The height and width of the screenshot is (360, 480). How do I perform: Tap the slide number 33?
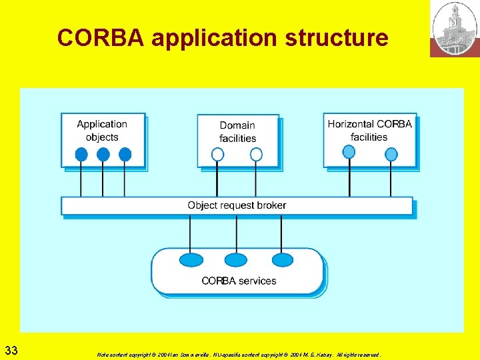pyautogui.click(x=11, y=350)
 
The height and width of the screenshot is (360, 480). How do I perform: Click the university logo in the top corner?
pyautogui.click(x=455, y=29)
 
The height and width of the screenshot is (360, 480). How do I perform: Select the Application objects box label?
pyautogui.click(x=102, y=131)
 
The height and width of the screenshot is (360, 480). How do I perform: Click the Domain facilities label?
pyautogui.click(x=237, y=132)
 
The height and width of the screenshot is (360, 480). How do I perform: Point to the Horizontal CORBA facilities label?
pyautogui.click(x=369, y=130)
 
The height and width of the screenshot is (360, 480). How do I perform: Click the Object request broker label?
pyautogui.click(x=237, y=205)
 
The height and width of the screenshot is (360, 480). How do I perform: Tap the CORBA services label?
pyautogui.click(x=239, y=281)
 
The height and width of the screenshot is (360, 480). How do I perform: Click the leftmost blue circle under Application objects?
pyautogui.click(x=81, y=155)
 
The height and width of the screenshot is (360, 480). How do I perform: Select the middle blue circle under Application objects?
pyautogui.click(x=103, y=155)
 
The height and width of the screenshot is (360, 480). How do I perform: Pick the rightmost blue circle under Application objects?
pyautogui.click(x=125, y=155)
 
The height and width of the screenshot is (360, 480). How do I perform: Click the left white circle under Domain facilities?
pyautogui.click(x=217, y=155)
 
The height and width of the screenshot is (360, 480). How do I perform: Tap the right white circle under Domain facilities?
pyautogui.click(x=256, y=155)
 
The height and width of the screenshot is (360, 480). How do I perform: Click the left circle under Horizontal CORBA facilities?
pyautogui.click(x=349, y=153)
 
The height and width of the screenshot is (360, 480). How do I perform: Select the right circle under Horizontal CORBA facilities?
pyautogui.click(x=391, y=155)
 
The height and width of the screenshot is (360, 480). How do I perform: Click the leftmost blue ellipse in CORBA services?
pyautogui.click(x=191, y=259)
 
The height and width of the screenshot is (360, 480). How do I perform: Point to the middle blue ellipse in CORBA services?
pyautogui.click(x=235, y=259)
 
